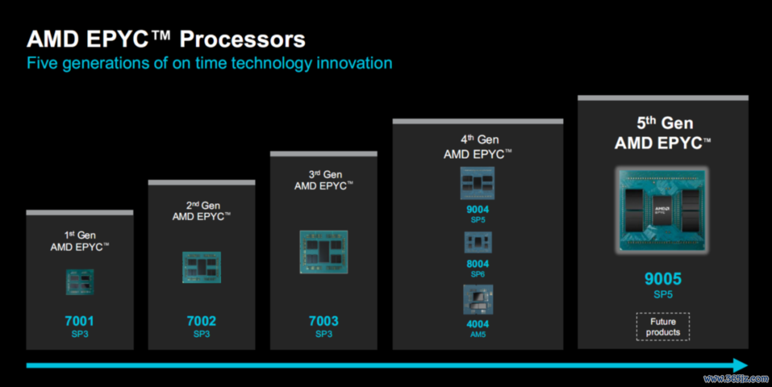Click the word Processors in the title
[x=242, y=39]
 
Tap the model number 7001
[x=79, y=321]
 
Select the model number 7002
[x=201, y=321]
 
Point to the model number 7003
[x=323, y=321]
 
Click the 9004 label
[x=478, y=209]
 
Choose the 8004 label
[x=478, y=264]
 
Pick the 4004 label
[x=478, y=324]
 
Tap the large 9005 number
[x=663, y=279]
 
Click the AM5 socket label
[x=478, y=334]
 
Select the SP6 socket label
[x=478, y=274]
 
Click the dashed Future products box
[x=663, y=327]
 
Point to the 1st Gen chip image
[x=79, y=282]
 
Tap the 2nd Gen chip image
[x=201, y=267]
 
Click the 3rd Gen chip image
[x=323, y=252]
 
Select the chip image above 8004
[x=478, y=243]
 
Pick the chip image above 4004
[x=478, y=299]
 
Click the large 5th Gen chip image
[x=662, y=211]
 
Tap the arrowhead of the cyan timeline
[x=741, y=365]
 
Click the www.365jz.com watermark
[x=736, y=379]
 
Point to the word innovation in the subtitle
[x=354, y=63]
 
